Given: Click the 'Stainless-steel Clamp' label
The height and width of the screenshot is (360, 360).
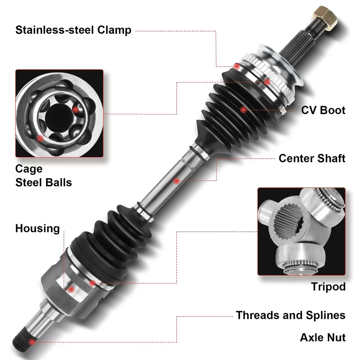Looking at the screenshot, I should coord(73,30).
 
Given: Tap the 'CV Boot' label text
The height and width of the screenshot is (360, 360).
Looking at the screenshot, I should coord(323,110).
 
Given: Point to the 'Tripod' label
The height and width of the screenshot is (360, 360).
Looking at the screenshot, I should coord(328,287).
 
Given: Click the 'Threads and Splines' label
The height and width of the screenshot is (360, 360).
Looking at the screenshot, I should coord(291,315).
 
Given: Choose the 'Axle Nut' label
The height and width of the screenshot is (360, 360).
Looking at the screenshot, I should coord(322,337).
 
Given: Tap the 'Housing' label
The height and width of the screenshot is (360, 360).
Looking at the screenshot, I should coord(37,228).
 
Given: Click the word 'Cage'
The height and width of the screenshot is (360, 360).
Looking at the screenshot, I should coord(29,169).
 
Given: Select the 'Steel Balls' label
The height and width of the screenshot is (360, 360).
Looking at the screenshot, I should coord(43,183).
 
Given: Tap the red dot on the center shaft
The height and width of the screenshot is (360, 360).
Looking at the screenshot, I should coord(176,181).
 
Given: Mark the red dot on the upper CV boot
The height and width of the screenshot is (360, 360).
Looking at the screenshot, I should coord(243,109).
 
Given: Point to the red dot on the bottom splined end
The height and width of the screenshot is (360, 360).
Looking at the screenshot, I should coord(32,342).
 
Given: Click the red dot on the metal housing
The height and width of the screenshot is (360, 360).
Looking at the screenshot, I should coord(70,289).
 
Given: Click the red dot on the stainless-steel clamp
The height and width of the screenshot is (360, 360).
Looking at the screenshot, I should coord(237,66).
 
